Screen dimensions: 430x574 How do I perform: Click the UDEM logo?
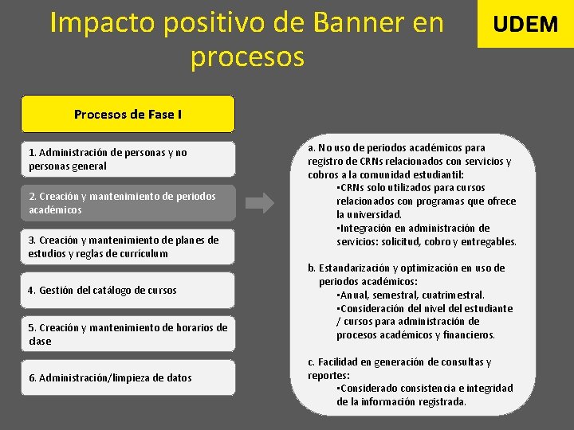click(525, 24)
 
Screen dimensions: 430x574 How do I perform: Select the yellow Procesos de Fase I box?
click(128, 114)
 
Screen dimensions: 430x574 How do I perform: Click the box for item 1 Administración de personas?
click(128, 159)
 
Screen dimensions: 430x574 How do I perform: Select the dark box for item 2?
click(128, 203)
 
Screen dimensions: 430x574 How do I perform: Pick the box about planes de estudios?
click(128, 247)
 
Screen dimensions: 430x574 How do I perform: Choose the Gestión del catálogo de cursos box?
click(128, 291)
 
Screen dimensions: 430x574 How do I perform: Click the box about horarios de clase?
click(128, 334)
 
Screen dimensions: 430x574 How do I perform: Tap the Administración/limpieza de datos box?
click(128, 377)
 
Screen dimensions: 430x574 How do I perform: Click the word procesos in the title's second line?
click(247, 57)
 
